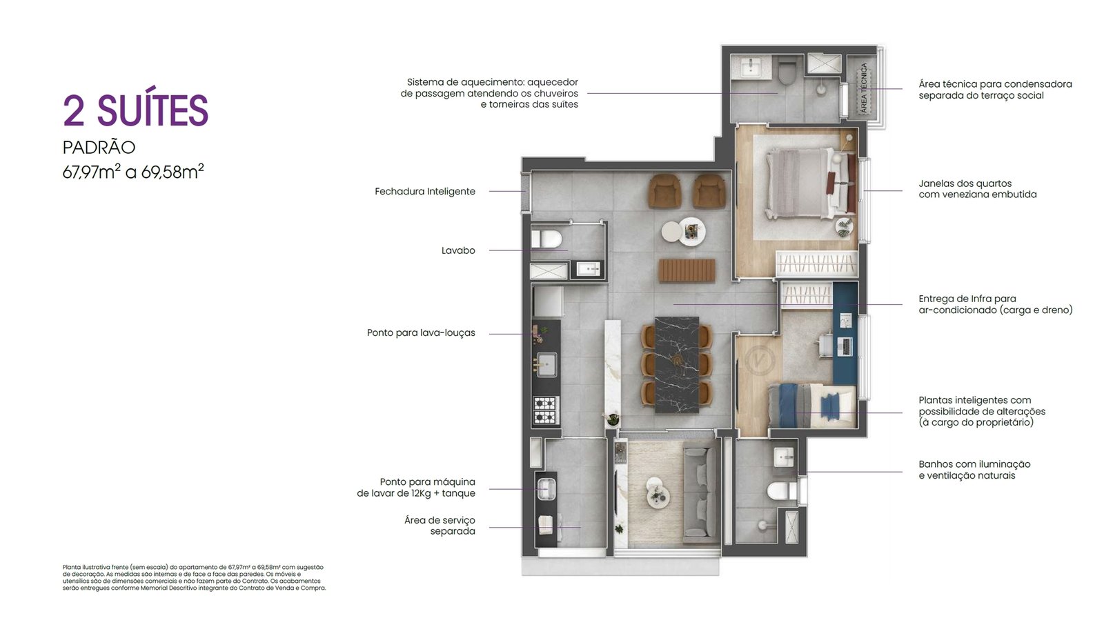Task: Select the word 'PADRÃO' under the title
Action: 99,147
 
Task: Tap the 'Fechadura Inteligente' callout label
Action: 425,191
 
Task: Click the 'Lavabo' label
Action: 458,250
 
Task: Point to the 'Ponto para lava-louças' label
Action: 421,332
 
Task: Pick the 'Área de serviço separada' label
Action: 440,526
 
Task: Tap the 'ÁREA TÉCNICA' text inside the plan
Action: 863,88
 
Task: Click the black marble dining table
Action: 677,365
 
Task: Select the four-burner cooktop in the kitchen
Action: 546,410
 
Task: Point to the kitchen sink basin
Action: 546,365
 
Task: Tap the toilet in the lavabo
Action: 546,239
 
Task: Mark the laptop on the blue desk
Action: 845,346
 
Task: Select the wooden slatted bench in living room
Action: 687,270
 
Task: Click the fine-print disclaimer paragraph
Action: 194,577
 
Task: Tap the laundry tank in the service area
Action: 546,489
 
